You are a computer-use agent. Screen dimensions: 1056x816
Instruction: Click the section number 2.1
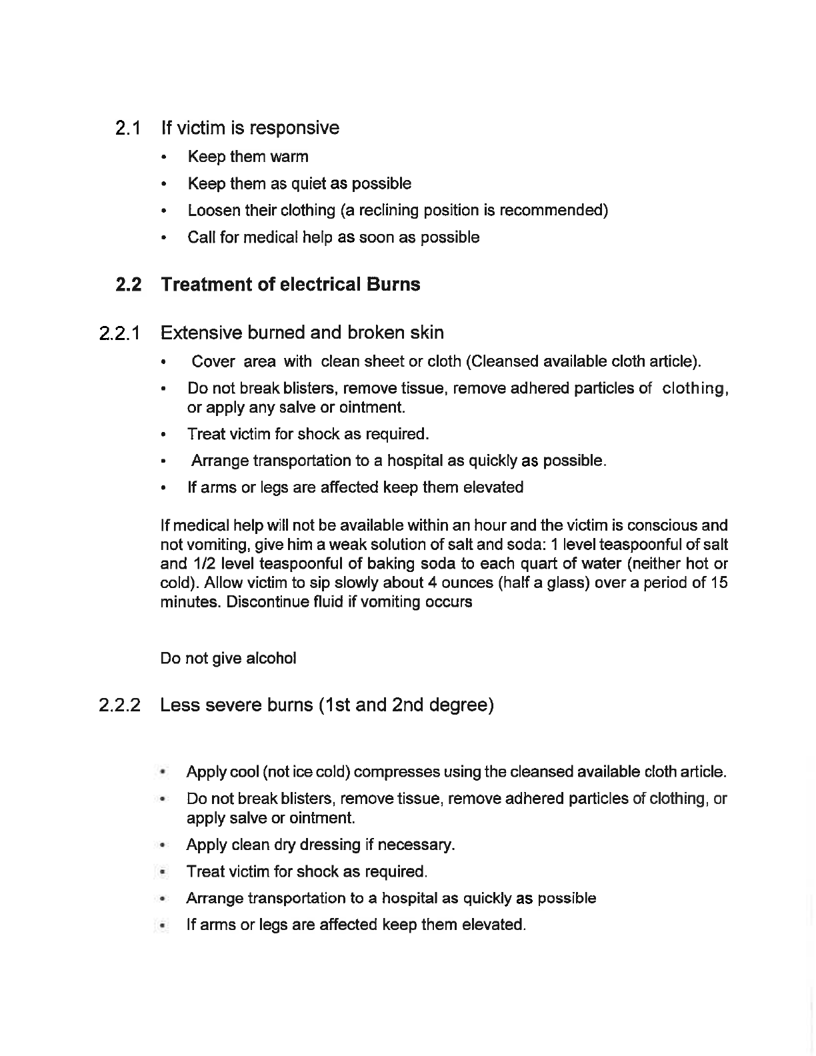point(127,128)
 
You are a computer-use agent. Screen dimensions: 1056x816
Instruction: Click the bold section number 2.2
point(128,285)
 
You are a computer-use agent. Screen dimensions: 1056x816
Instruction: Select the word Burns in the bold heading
point(392,285)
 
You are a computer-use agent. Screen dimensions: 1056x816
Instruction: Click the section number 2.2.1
point(119,333)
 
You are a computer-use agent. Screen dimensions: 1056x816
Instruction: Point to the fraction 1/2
point(203,564)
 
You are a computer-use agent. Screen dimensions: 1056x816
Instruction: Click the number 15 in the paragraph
point(719,583)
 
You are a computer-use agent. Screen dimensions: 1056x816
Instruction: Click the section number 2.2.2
point(119,705)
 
